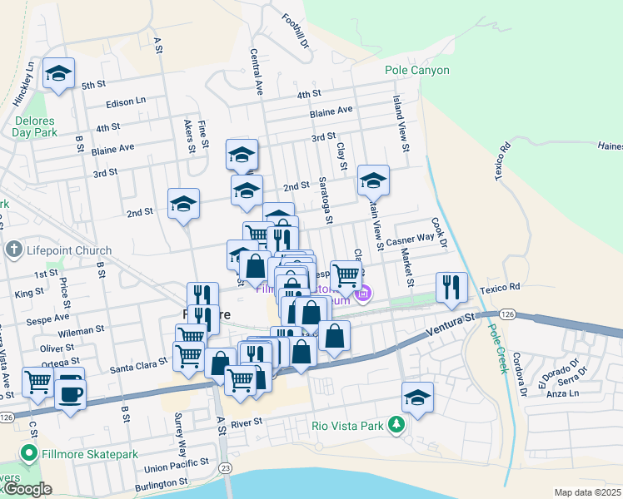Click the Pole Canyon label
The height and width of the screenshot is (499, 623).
click(x=417, y=71)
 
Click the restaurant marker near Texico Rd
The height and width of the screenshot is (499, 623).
click(x=451, y=288)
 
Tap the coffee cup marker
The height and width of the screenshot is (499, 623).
click(x=70, y=393)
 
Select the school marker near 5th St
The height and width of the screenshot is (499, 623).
click(x=58, y=73)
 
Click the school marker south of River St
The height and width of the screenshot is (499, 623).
click(x=417, y=398)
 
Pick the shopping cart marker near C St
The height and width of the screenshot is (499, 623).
click(x=37, y=383)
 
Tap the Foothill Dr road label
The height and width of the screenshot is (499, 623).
click(x=296, y=30)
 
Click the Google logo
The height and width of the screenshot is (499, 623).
click(x=27, y=489)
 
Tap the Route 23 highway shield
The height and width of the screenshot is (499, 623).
click(x=225, y=467)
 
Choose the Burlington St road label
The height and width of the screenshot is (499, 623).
click(x=155, y=482)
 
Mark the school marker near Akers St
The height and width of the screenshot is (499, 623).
click(x=183, y=203)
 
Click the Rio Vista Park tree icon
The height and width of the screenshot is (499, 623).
click(x=397, y=426)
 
